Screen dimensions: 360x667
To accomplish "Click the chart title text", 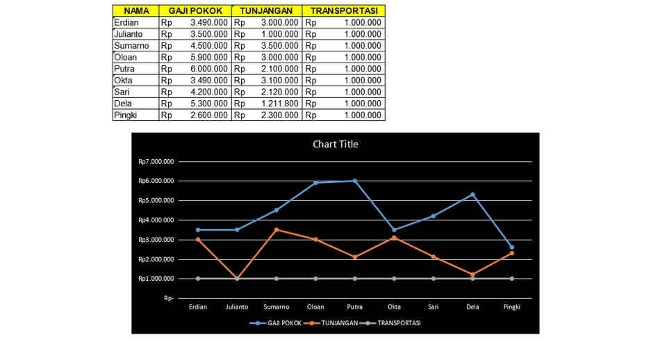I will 336,145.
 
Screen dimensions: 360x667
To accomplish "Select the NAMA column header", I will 135,11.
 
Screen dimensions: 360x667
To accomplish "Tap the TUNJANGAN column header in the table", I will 266,11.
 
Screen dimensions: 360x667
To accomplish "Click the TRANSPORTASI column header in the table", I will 344,11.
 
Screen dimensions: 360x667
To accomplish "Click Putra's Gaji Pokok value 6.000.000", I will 208,69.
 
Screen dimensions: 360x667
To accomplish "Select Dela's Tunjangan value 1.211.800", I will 279,104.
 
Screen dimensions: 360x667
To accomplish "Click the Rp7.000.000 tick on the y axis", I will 156,162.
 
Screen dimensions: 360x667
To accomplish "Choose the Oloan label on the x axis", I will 315,306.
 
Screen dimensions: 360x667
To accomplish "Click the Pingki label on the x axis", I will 512,306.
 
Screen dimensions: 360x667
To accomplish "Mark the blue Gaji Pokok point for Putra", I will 355,181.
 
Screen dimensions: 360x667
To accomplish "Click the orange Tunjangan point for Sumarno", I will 277,229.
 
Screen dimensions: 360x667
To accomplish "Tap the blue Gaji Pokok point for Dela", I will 473,195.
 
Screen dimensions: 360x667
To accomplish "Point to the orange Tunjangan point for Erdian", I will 198,240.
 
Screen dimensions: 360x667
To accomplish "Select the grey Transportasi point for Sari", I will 434,279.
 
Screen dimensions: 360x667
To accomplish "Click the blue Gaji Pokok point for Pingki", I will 512,247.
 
